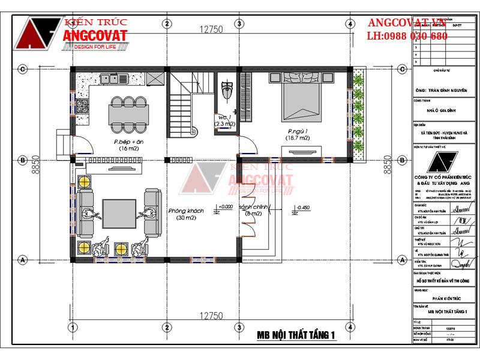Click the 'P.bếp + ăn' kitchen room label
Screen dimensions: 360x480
(112, 142)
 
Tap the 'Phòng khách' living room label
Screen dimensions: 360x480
(186, 211)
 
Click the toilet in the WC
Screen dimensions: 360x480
(225, 90)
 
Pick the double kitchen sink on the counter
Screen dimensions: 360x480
(113, 78)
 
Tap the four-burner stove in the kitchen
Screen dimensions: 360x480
(82, 109)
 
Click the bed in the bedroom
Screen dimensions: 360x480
(300, 96)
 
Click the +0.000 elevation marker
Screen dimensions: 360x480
(225, 207)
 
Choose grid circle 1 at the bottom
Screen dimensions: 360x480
(72, 326)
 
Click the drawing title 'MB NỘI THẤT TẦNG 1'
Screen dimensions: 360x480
(295, 335)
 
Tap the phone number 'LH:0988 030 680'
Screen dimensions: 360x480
(407, 36)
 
